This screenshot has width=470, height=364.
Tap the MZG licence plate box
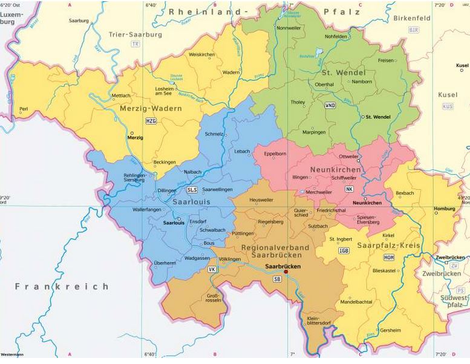pos(150,121)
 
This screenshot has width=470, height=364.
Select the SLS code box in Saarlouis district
pos(192,189)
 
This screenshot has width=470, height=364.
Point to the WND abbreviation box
pos(330,105)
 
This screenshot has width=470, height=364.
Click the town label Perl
pos(24,109)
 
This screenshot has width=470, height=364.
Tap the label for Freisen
pos(385,60)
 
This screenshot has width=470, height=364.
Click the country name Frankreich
pos(62,286)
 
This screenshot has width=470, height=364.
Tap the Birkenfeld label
pos(411,18)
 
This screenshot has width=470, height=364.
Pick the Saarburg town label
pos(79,20)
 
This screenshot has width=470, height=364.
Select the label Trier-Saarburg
pos(135,34)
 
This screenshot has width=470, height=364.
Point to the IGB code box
pos(344,250)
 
